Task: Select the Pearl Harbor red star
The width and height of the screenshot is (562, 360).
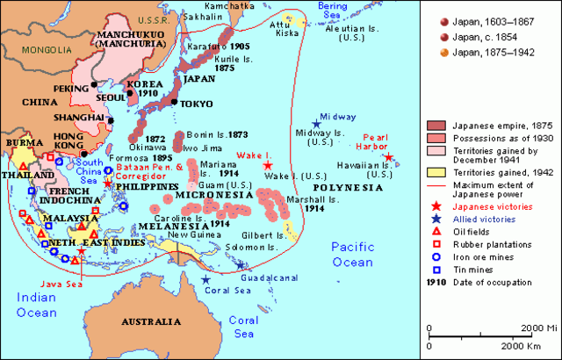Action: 389,158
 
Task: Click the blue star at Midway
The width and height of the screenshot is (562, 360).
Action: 316,125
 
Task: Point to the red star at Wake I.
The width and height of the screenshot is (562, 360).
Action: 268,164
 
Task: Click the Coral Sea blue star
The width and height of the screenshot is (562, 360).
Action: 205,280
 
